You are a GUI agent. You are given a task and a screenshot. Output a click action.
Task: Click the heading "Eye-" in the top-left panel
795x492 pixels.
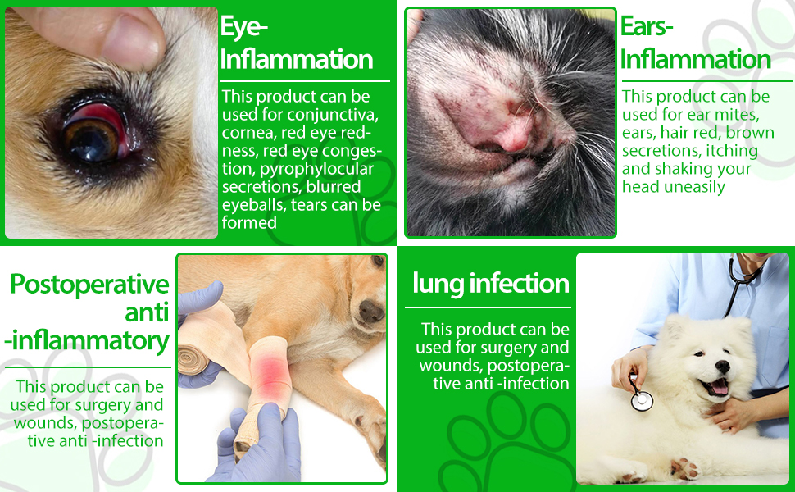pos(244,27)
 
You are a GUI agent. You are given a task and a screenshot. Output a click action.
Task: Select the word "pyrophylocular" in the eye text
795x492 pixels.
pos(317,169)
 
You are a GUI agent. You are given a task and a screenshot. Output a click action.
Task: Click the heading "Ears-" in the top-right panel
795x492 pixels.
pos(647,26)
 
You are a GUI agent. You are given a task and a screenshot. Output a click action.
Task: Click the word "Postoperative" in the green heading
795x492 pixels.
pos(89,284)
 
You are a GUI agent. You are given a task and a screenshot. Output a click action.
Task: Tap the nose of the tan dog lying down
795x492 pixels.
pos(370,311)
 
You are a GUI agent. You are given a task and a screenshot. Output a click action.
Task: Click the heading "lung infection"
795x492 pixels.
pos(491,283)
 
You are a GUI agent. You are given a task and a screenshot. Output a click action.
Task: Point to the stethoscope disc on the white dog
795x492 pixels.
pos(642,400)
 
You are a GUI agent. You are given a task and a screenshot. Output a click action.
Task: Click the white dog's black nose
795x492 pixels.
pos(722,367)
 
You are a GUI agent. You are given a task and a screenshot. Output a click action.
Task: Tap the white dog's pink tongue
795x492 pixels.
pos(719,388)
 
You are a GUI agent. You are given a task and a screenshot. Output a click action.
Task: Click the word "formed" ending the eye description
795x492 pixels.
pos(249,223)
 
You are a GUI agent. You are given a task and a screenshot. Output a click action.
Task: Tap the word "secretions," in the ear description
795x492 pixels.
pos(653,151)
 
